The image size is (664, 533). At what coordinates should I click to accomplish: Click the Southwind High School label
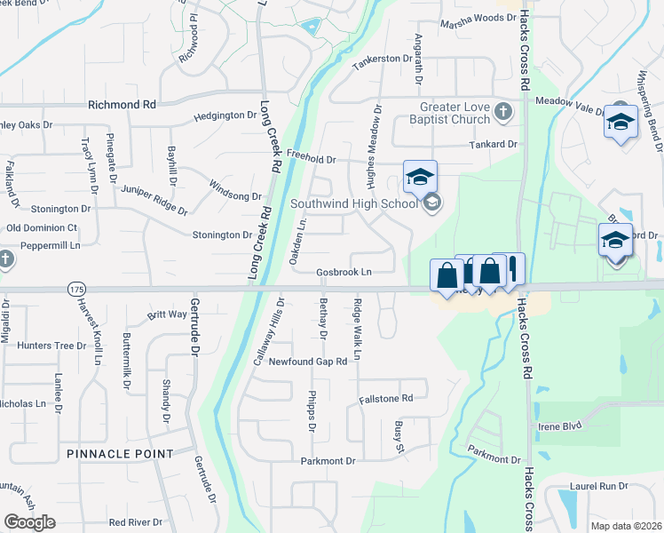click(354, 203)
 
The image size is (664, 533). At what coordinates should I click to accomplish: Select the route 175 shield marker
click(74, 289)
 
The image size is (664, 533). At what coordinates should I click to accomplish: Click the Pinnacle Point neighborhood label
click(120, 454)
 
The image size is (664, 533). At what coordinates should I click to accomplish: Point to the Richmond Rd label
click(122, 104)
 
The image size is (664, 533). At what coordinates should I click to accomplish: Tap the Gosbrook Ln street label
click(344, 271)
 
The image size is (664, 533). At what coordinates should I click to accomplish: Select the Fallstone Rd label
click(386, 399)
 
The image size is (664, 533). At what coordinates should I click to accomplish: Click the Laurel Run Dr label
click(599, 487)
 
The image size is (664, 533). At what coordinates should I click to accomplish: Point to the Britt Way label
click(168, 314)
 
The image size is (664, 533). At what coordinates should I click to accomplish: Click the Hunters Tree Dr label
click(57, 346)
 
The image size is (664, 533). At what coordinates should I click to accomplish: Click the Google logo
click(29, 522)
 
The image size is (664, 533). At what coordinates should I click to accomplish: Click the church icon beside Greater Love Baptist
click(503, 112)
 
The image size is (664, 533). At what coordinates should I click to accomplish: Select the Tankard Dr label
click(493, 144)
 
